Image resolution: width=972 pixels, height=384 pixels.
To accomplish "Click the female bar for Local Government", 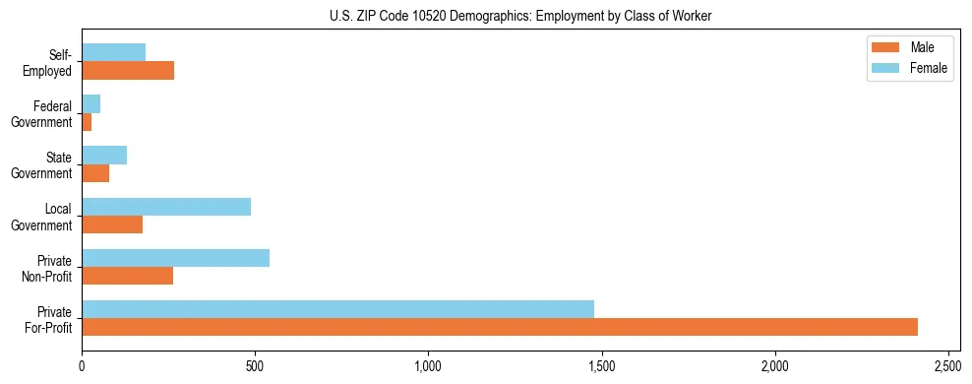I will click(x=166, y=207).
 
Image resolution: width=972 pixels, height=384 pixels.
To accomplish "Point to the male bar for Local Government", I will click(x=112, y=224).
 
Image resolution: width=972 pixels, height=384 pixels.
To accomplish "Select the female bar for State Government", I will click(x=104, y=156).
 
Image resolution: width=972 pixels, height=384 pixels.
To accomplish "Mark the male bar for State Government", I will click(x=95, y=173).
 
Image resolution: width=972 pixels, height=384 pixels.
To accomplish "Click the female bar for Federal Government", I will click(x=91, y=104).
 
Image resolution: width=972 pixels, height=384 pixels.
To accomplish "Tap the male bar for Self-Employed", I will click(x=128, y=71).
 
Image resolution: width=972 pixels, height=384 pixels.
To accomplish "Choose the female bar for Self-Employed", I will click(x=114, y=53).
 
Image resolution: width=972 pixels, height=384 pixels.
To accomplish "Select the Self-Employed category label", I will click(x=48, y=63).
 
